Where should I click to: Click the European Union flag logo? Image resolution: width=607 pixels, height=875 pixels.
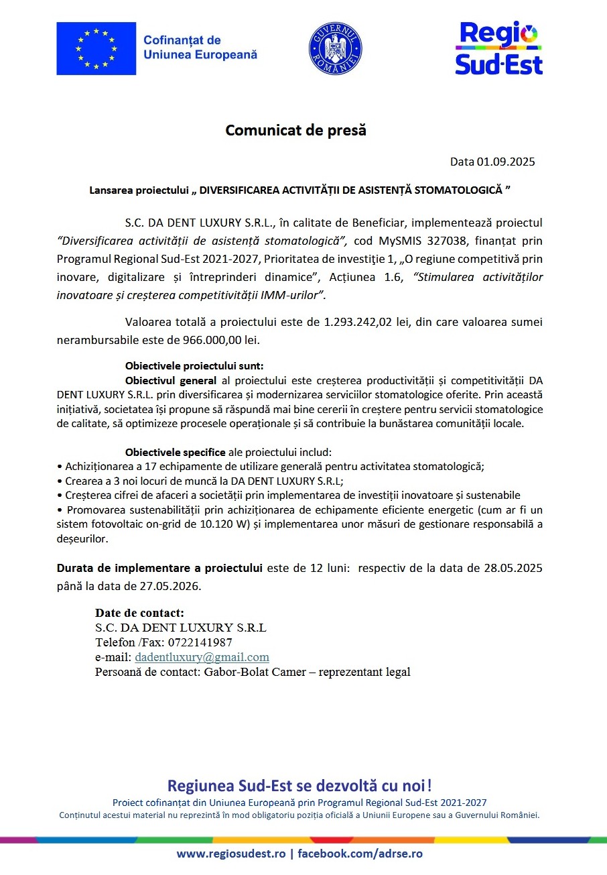click(x=96, y=48)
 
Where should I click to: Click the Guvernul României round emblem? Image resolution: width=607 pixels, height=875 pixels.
click(x=335, y=49)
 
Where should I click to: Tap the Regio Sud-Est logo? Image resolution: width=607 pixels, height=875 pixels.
click(x=498, y=48)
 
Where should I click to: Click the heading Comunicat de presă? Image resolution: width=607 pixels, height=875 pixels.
click(x=295, y=130)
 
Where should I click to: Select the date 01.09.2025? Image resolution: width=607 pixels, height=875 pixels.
click(x=506, y=162)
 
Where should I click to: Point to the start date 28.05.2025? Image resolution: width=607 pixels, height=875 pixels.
click(x=513, y=568)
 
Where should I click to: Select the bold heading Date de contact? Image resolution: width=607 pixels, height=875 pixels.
click(x=139, y=613)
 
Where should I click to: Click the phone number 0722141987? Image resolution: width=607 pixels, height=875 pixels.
click(x=200, y=642)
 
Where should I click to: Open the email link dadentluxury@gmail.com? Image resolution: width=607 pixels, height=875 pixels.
click(x=202, y=657)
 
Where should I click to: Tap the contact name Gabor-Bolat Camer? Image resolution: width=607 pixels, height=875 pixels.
click(x=249, y=672)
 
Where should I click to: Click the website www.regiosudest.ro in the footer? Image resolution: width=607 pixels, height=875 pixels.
click(x=231, y=854)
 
